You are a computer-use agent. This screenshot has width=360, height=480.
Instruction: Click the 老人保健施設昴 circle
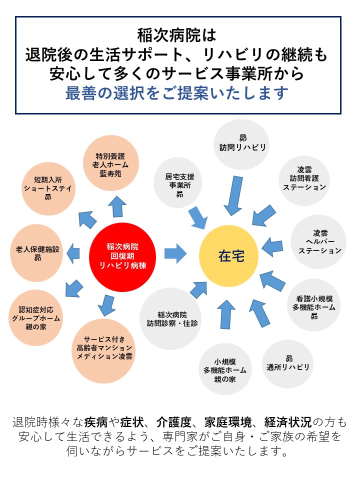pos(37,253)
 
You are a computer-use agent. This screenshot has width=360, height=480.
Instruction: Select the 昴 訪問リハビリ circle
pos(242,143)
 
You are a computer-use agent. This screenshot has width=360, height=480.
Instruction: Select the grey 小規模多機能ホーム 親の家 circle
pos(224,369)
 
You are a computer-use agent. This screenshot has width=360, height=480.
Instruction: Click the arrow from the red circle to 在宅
pos(175,253)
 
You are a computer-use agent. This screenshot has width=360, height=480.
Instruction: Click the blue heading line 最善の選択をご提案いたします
pos(177,93)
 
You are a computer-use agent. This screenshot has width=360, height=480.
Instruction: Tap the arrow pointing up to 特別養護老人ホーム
pos(118,206)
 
